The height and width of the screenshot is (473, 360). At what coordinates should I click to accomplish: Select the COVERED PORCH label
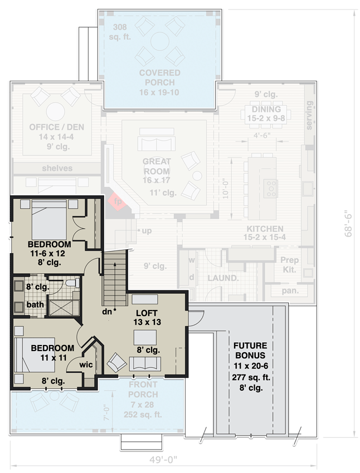(159, 73)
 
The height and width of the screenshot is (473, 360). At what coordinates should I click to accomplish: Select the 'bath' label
(35, 304)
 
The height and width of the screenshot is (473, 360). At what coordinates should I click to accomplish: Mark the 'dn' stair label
(108, 312)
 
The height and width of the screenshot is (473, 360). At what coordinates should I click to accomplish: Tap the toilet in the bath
(70, 284)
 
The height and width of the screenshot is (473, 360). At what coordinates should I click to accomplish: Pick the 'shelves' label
(57, 168)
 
